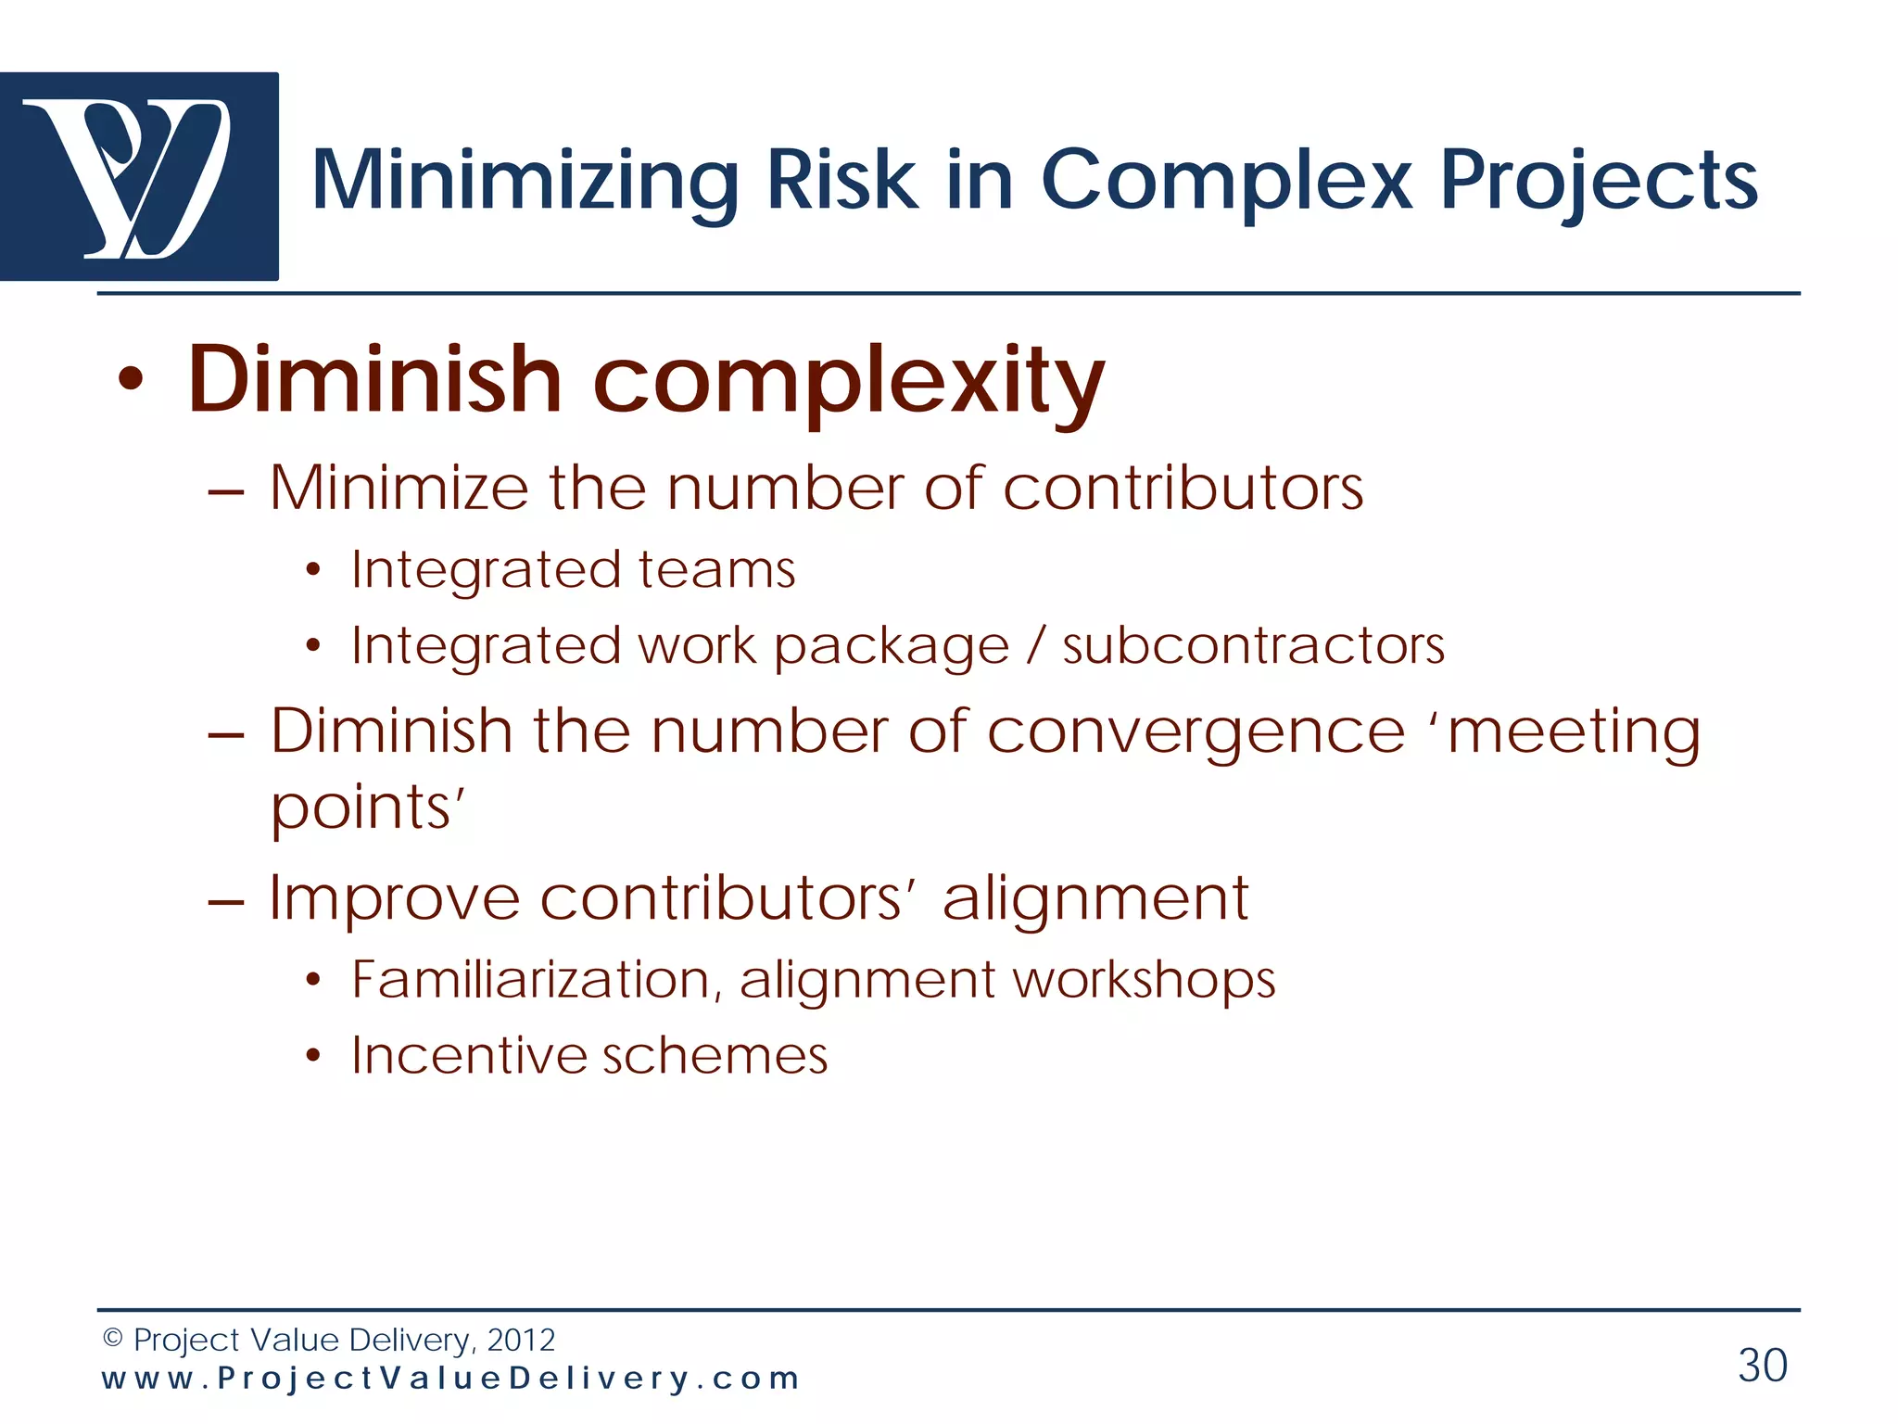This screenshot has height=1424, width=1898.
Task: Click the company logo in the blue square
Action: [139, 176]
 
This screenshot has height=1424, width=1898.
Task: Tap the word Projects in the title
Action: [1598, 184]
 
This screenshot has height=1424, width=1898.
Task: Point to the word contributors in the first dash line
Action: [1183, 488]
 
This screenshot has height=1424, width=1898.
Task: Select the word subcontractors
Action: [1253, 645]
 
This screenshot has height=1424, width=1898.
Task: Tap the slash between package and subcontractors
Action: [1036, 645]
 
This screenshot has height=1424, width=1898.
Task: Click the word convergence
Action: [1196, 732]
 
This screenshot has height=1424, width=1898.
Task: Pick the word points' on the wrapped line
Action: [366, 808]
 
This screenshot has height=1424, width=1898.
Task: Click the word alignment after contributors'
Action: [1095, 899]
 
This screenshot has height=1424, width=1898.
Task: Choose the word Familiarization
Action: [537, 980]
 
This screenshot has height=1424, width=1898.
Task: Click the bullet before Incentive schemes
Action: [313, 1056]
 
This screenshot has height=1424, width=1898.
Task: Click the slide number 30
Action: [1762, 1366]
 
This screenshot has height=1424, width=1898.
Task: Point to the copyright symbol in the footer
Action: [113, 1339]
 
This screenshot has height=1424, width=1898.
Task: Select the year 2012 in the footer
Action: [521, 1340]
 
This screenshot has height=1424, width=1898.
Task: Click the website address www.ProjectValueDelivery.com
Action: [450, 1379]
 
